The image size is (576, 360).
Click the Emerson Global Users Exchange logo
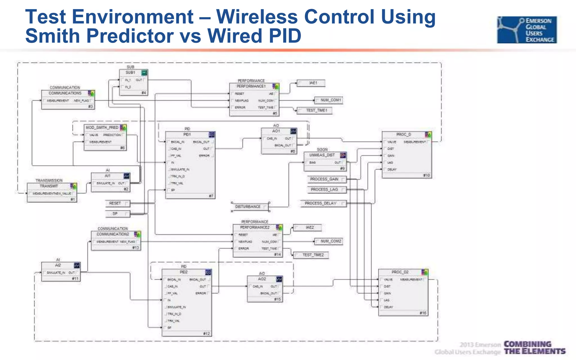[x=527, y=30]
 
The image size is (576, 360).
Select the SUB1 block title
[x=131, y=73]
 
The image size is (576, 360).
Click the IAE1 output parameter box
[x=311, y=83]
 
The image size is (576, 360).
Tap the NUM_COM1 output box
[x=328, y=100]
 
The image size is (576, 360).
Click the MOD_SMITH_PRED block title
[x=102, y=128]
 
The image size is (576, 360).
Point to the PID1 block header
[x=187, y=134]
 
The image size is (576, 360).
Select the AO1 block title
[x=276, y=131]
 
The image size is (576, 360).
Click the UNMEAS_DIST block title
[x=322, y=155]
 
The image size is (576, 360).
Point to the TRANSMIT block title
[x=49, y=186]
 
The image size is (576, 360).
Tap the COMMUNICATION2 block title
[x=113, y=234]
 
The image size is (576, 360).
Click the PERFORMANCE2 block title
[x=255, y=227]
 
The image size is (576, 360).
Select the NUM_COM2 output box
[x=328, y=241]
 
